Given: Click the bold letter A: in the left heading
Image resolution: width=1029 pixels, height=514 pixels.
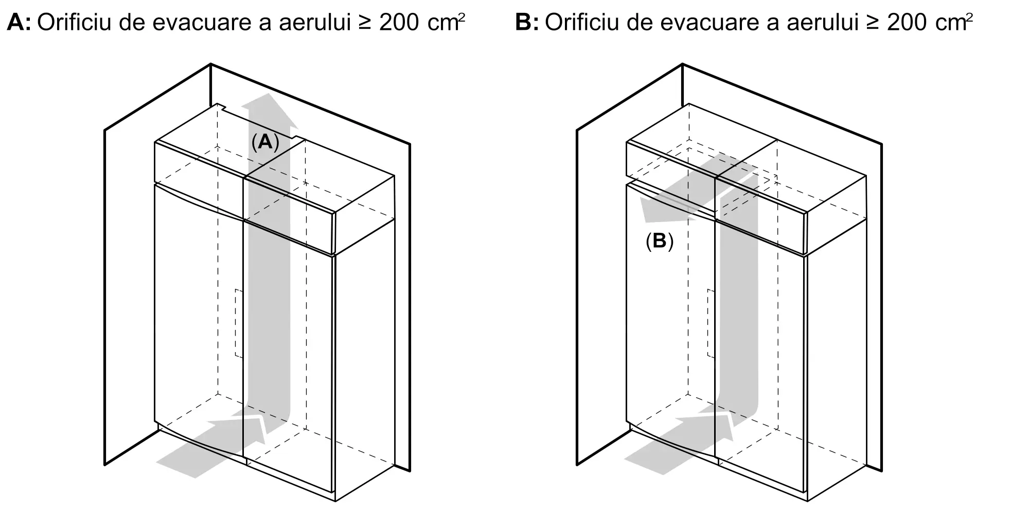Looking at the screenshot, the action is tap(19, 23).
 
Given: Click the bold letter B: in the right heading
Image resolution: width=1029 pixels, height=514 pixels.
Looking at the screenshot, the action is tap(527, 23).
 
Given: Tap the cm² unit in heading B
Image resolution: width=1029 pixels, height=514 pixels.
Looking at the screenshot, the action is tap(953, 23).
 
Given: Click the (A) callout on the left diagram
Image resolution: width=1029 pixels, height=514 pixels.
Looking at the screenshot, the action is tap(265, 141).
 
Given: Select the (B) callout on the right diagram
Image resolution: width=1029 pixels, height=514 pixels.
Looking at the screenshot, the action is tap(660, 241).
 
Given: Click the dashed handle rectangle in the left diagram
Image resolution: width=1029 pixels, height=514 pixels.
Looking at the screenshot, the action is tap(239, 323).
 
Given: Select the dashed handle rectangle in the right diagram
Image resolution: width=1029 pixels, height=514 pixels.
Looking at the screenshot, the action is tap(711, 323).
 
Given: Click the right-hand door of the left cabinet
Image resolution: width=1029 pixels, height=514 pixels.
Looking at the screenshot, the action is tap(288, 360).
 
